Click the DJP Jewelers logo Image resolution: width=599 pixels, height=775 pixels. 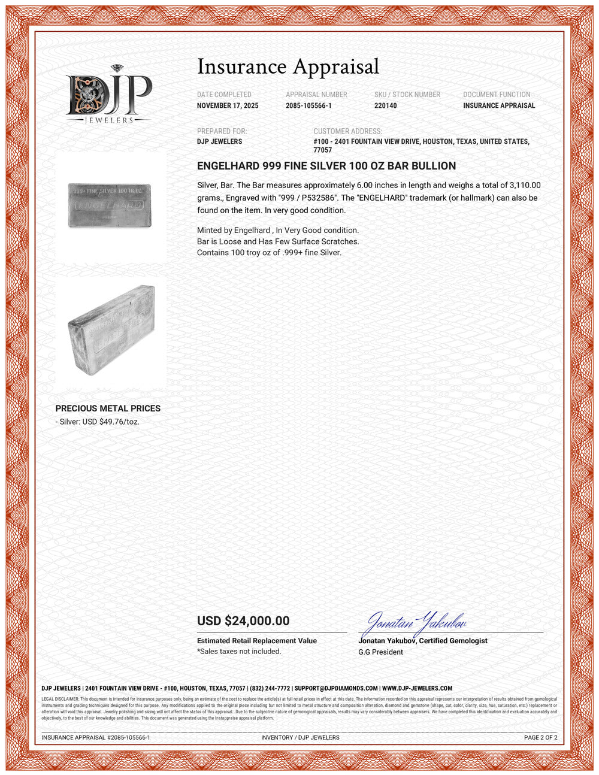pos(108,95)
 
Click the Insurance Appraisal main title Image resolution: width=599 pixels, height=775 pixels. pos(288,66)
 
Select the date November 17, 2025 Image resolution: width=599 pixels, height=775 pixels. pos(228,106)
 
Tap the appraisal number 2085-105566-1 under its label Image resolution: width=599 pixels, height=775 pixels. pos(308,106)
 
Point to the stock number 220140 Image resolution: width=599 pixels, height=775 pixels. pos(385,106)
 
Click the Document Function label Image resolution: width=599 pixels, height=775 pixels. pos(497,95)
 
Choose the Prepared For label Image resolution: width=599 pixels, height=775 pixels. pos(222,131)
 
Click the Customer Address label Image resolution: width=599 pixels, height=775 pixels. pos(347,131)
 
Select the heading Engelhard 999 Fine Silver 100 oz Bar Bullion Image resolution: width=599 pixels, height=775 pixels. pos(326,166)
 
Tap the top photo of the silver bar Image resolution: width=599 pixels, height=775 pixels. pos(110,205)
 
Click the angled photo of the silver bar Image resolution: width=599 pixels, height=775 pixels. pos(111,329)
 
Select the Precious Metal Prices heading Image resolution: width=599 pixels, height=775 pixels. pos(108,408)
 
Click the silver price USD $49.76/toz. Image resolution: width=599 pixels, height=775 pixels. pos(99,422)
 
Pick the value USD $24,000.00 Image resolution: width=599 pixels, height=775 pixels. pos(243,621)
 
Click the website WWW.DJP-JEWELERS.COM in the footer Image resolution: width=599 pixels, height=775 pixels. pos(417,689)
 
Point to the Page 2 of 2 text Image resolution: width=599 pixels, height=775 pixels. pos(540,738)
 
